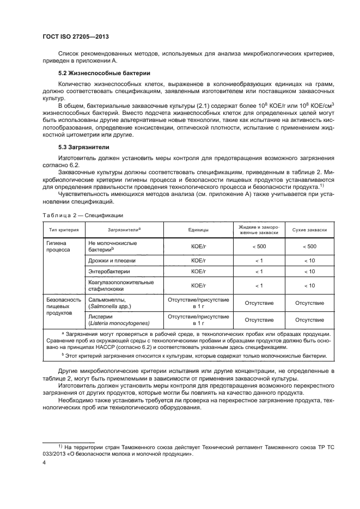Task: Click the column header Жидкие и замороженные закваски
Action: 259,230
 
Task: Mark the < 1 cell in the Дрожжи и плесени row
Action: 259,261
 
